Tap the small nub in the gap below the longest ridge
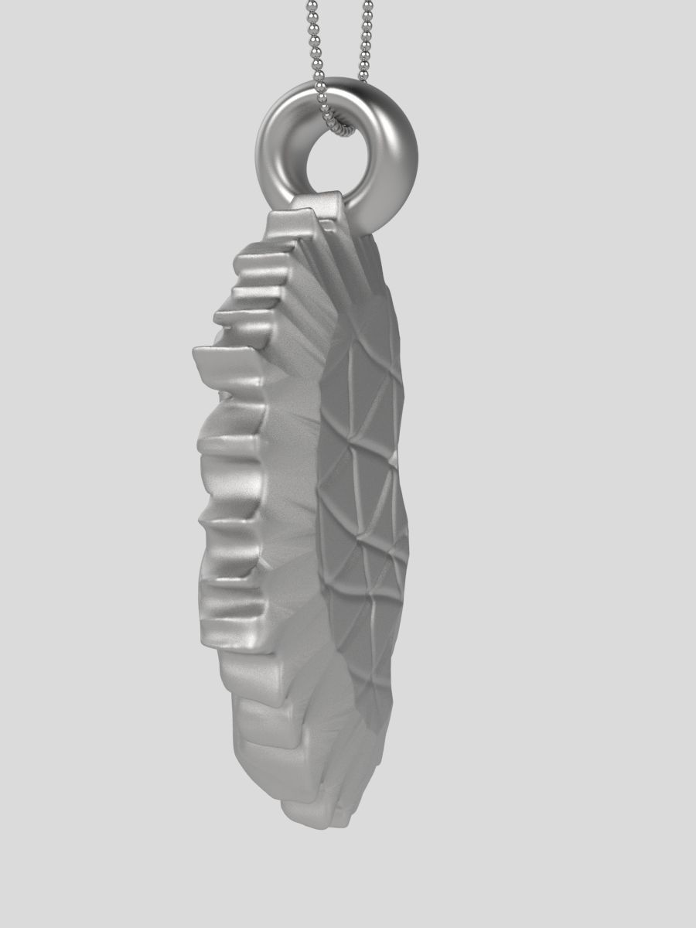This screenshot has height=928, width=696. coord(225,397)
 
